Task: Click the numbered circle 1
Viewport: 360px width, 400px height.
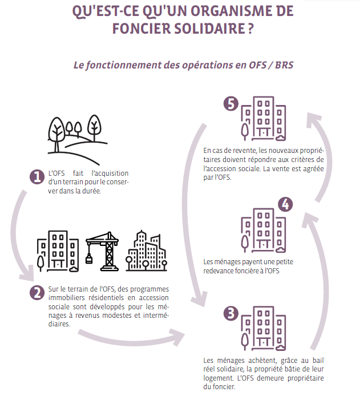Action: click(x=37, y=177)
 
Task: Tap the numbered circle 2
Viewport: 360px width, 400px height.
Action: click(x=37, y=293)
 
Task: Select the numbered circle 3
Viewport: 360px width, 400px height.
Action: click(x=231, y=313)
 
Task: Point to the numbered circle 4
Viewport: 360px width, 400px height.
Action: click(x=285, y=204)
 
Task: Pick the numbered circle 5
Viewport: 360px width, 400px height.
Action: click(x=231, y=104)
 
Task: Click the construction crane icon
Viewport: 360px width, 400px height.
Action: click(x=102, y=251)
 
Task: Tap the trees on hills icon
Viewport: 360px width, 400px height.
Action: click(x=78, y=140)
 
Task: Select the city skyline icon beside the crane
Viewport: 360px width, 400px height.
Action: click(x=146, y=250)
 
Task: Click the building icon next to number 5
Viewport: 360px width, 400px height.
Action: click(x=264, y=119)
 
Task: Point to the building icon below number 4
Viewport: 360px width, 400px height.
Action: click(x=264, y=231)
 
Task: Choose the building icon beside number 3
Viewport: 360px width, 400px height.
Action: click(x=264, y=328)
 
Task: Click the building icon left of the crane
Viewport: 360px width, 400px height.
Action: click(x=58, y=251)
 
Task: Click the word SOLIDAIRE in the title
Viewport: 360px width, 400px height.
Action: click(x=209, y=28)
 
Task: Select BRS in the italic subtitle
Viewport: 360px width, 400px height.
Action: click(x=284, y=65)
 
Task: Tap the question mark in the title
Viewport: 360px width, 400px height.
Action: click(x=251, y=28)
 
